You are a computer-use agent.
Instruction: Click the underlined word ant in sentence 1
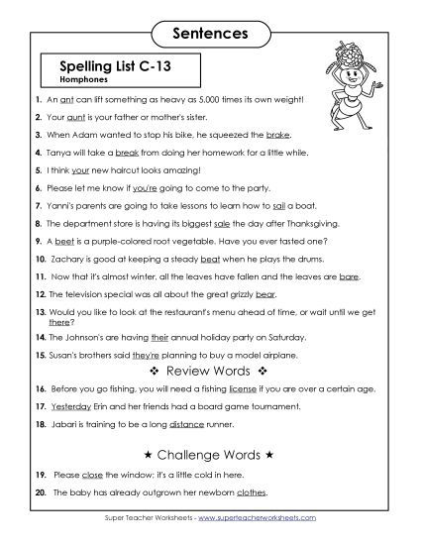click(x=69, y=100)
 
